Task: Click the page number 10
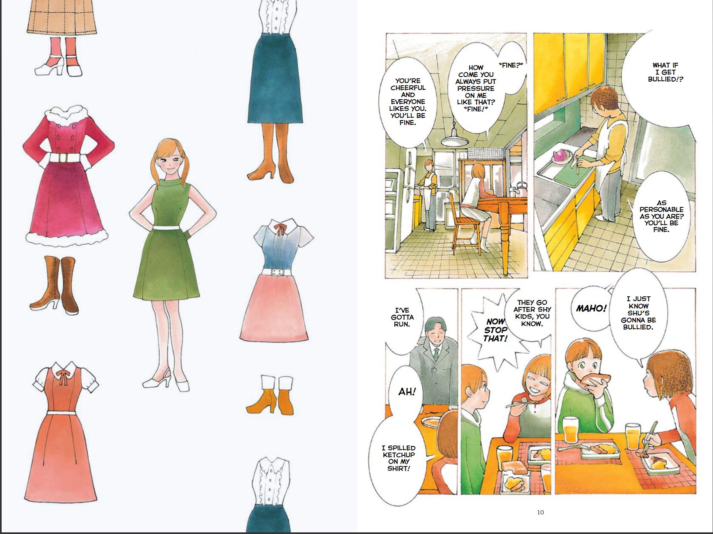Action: tap(540, 512)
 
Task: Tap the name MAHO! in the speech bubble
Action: tap(591, 308)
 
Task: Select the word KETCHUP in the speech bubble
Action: tap(399, 455)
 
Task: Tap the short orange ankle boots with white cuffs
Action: tap(270, 394)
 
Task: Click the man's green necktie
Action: tap(437, 354)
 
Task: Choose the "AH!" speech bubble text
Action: tap(407, 392)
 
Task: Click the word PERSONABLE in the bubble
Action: tap(661, 210)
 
